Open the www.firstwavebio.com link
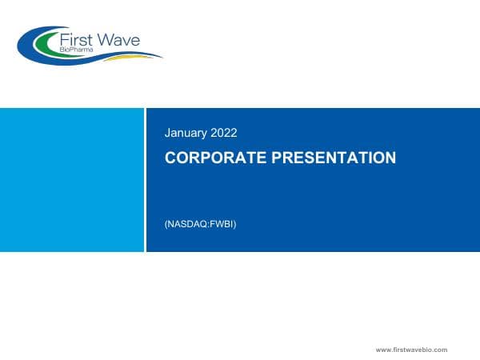point(411,350)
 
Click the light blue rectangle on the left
point(71,179)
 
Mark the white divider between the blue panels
point(145,179)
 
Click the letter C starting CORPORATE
point(170,158)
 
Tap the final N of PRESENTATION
point(390,158)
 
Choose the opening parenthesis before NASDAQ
point(166,225)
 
